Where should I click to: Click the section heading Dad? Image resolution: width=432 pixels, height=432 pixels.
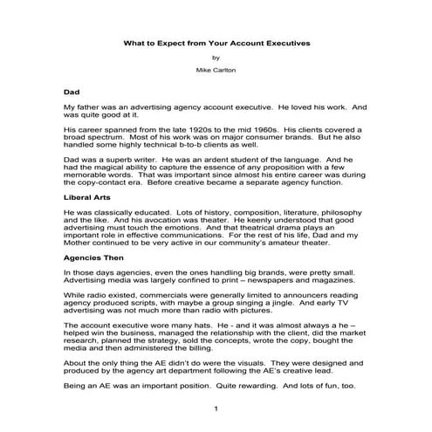point(72,91)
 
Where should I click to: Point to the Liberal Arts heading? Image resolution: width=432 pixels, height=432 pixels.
point(86,198)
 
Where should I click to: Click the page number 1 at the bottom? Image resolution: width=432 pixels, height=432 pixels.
point(216,408)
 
